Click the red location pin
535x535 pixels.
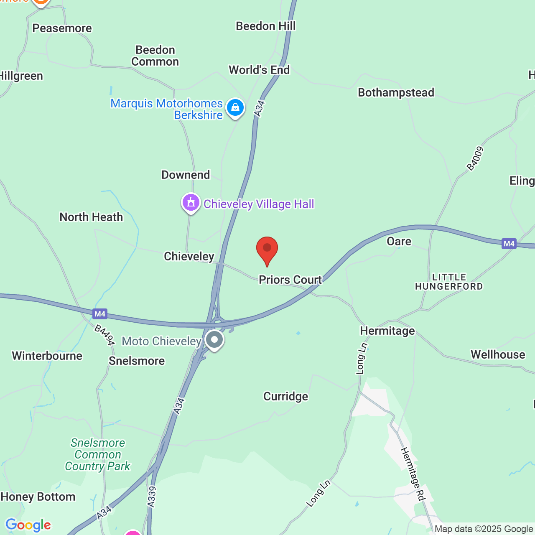(267, 249)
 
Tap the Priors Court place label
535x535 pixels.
(290, 280)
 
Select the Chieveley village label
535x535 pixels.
(189, 256)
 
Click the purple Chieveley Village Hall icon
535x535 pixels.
(191, 203)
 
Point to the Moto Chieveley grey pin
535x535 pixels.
(214, 340)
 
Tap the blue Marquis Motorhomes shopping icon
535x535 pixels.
(235, 108)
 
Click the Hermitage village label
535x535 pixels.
(387, 331)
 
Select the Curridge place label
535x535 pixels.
(285, 396)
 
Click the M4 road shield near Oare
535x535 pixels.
(509, 244)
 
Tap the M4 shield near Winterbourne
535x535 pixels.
(100, 313)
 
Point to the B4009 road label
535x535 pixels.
(475, 159)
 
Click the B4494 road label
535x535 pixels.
(104, 335)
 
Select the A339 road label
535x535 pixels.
(152, 497)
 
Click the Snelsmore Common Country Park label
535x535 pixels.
(98, 454)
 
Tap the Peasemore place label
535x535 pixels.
(62, 28)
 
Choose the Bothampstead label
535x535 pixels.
(396, 92)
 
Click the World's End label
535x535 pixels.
(259, 70)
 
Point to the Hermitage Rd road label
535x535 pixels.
(413, 474)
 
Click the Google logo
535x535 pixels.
(28, 525)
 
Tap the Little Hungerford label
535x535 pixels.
(449, 282)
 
